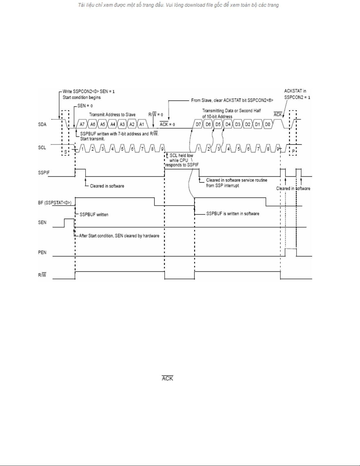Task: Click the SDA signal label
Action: pyautogui.click(x=42, y=124)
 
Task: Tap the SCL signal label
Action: pyautogui.click(x=42, y=148)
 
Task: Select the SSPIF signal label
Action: pyautogui.click(x=43, y=173)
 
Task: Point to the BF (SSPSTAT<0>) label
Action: pyautogui.click(x=55, y=203)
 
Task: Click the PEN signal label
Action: pyautogui.click(x=42, y=252)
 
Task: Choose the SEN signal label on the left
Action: pyautogui.click(x=42, y=223)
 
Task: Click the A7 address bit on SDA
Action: pyautogui.click(x=82, y=124)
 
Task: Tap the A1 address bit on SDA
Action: pyautogui.click(x=142, y=124)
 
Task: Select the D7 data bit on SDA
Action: pyautogui.click(x=198, y=124)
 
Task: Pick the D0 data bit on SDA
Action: pyautogui.click(x=267, y=124)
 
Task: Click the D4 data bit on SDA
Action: pyautogui.click(x=228, y=124)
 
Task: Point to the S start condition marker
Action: pyautogui.click(x=66, y=152)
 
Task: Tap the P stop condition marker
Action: pyautogui.click(x=293, y=152)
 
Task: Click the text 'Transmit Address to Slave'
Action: pyautogui.click(x=112, y=115)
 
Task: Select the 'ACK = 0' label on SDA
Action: pyautogui.click(x=167, y=124)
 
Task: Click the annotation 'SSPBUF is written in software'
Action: pyautogui.click(x=233, y=214)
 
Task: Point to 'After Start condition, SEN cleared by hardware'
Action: pyautogui.click(x=119, y=236)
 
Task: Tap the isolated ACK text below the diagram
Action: pyautogui.click(x=168, y=378)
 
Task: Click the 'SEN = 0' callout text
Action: pyautogui.click(x=85, y=106)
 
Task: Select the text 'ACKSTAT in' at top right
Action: pyautogui.click(x=295, y=91)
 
